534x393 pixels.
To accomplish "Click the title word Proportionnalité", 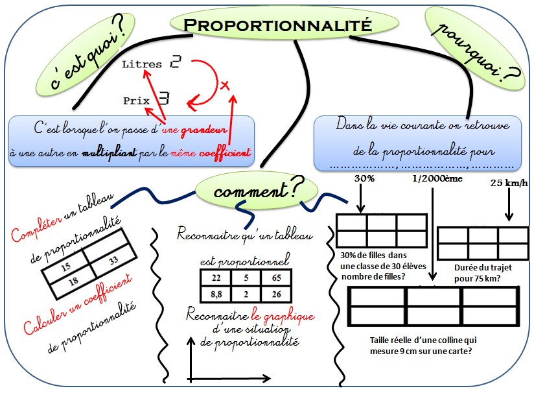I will (278, 25).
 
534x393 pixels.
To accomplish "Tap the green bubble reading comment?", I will (259, 190).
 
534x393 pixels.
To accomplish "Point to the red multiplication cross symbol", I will (225, 85).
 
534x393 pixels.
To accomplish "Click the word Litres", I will (142, 65).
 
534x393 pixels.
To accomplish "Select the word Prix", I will (136, 101).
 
